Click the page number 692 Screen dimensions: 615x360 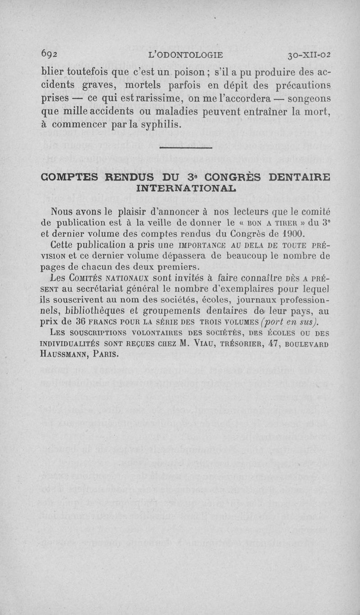click(x=49, y=56)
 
